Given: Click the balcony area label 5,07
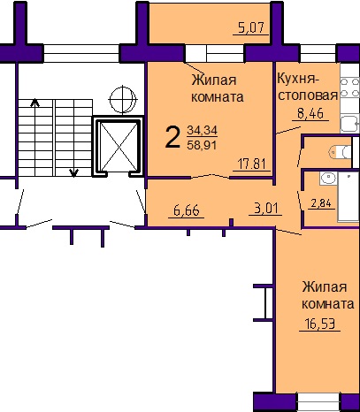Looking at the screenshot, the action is click(251, 28).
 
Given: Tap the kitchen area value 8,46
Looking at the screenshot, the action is click(310, 113).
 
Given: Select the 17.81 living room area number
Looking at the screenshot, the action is click(251, 164).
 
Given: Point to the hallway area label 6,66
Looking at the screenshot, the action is click(187, 210).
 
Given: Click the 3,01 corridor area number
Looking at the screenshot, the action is click(266, 209).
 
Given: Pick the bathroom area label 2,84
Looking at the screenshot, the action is click(321, 203).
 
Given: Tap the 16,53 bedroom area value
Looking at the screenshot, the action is click(320, 324).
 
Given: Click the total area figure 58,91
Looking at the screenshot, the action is click(202, 145).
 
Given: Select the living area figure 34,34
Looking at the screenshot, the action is click(202, 130).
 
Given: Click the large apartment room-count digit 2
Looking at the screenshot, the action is click(172, 137).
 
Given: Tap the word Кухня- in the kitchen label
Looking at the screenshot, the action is click(298, 79).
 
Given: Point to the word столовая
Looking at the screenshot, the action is click(308, 95).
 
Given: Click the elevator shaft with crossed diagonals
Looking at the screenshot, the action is click(118, 147).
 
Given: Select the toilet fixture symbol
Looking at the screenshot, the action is click(340, 152).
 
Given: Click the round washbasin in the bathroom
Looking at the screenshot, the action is click(328, 178).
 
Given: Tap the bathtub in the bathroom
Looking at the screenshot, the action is click(349, 196).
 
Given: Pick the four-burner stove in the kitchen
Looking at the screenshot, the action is click(350, 88).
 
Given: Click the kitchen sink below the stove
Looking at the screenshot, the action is click(350, 124).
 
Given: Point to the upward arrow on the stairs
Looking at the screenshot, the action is click(35, 137).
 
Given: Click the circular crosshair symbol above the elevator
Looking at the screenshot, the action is click(123, 99).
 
